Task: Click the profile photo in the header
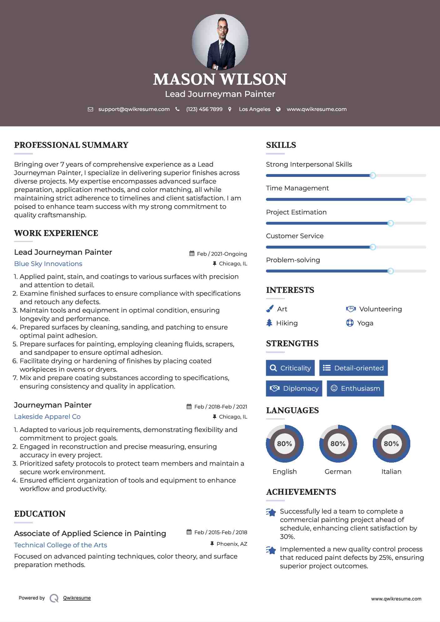(220, 42)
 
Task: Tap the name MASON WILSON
(220, 79)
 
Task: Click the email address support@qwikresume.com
(134, 109)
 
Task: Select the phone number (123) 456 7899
(204, 109)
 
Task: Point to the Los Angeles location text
(255, 109)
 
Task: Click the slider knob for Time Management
(408, 199)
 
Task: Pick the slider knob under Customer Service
(372, 247)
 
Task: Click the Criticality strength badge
(290, 368)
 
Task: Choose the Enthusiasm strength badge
(355, 389)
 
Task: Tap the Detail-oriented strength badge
(353, 368)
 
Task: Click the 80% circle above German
(338, 444)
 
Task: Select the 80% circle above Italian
(391, 444)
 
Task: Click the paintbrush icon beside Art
(270, 309)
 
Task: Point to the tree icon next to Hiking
(269, 323)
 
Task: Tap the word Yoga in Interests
(365, 323)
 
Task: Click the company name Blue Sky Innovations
(48, 264)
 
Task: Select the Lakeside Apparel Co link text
(47, 417)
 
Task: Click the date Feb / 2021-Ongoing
(222, 254)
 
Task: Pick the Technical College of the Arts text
(60, 545)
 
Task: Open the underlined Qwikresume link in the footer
(77, 598)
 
